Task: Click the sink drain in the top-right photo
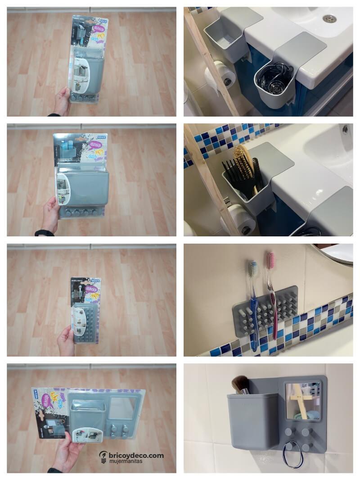click(329, 18)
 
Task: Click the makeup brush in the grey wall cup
click(240, 385)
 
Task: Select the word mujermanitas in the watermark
click(128, 462)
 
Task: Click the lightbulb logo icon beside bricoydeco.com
click(103, 457)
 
